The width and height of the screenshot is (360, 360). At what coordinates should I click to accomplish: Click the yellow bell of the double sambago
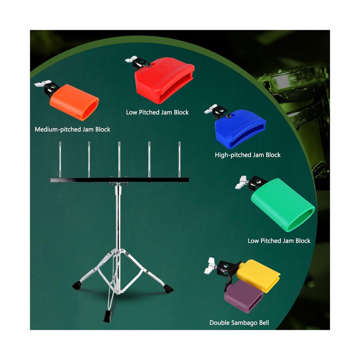(x=258, y=275)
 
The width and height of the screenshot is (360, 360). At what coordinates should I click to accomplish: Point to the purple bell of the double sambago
(x=244, y=297)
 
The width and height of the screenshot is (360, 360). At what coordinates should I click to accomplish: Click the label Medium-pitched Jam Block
(x=72, y=129)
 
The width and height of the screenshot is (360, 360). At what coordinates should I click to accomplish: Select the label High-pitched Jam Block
(x=248, y=155)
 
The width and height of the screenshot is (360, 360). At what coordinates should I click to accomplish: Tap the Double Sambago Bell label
(x=239, y=323)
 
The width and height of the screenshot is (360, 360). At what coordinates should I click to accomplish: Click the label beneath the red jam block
(x=157, y=112)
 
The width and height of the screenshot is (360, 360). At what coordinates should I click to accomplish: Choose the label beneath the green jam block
(x=279, y=241)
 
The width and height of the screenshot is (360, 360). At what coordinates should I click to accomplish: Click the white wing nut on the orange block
(x=39, y=85)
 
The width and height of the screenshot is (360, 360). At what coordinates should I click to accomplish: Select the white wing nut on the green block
(x=240, y=183)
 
